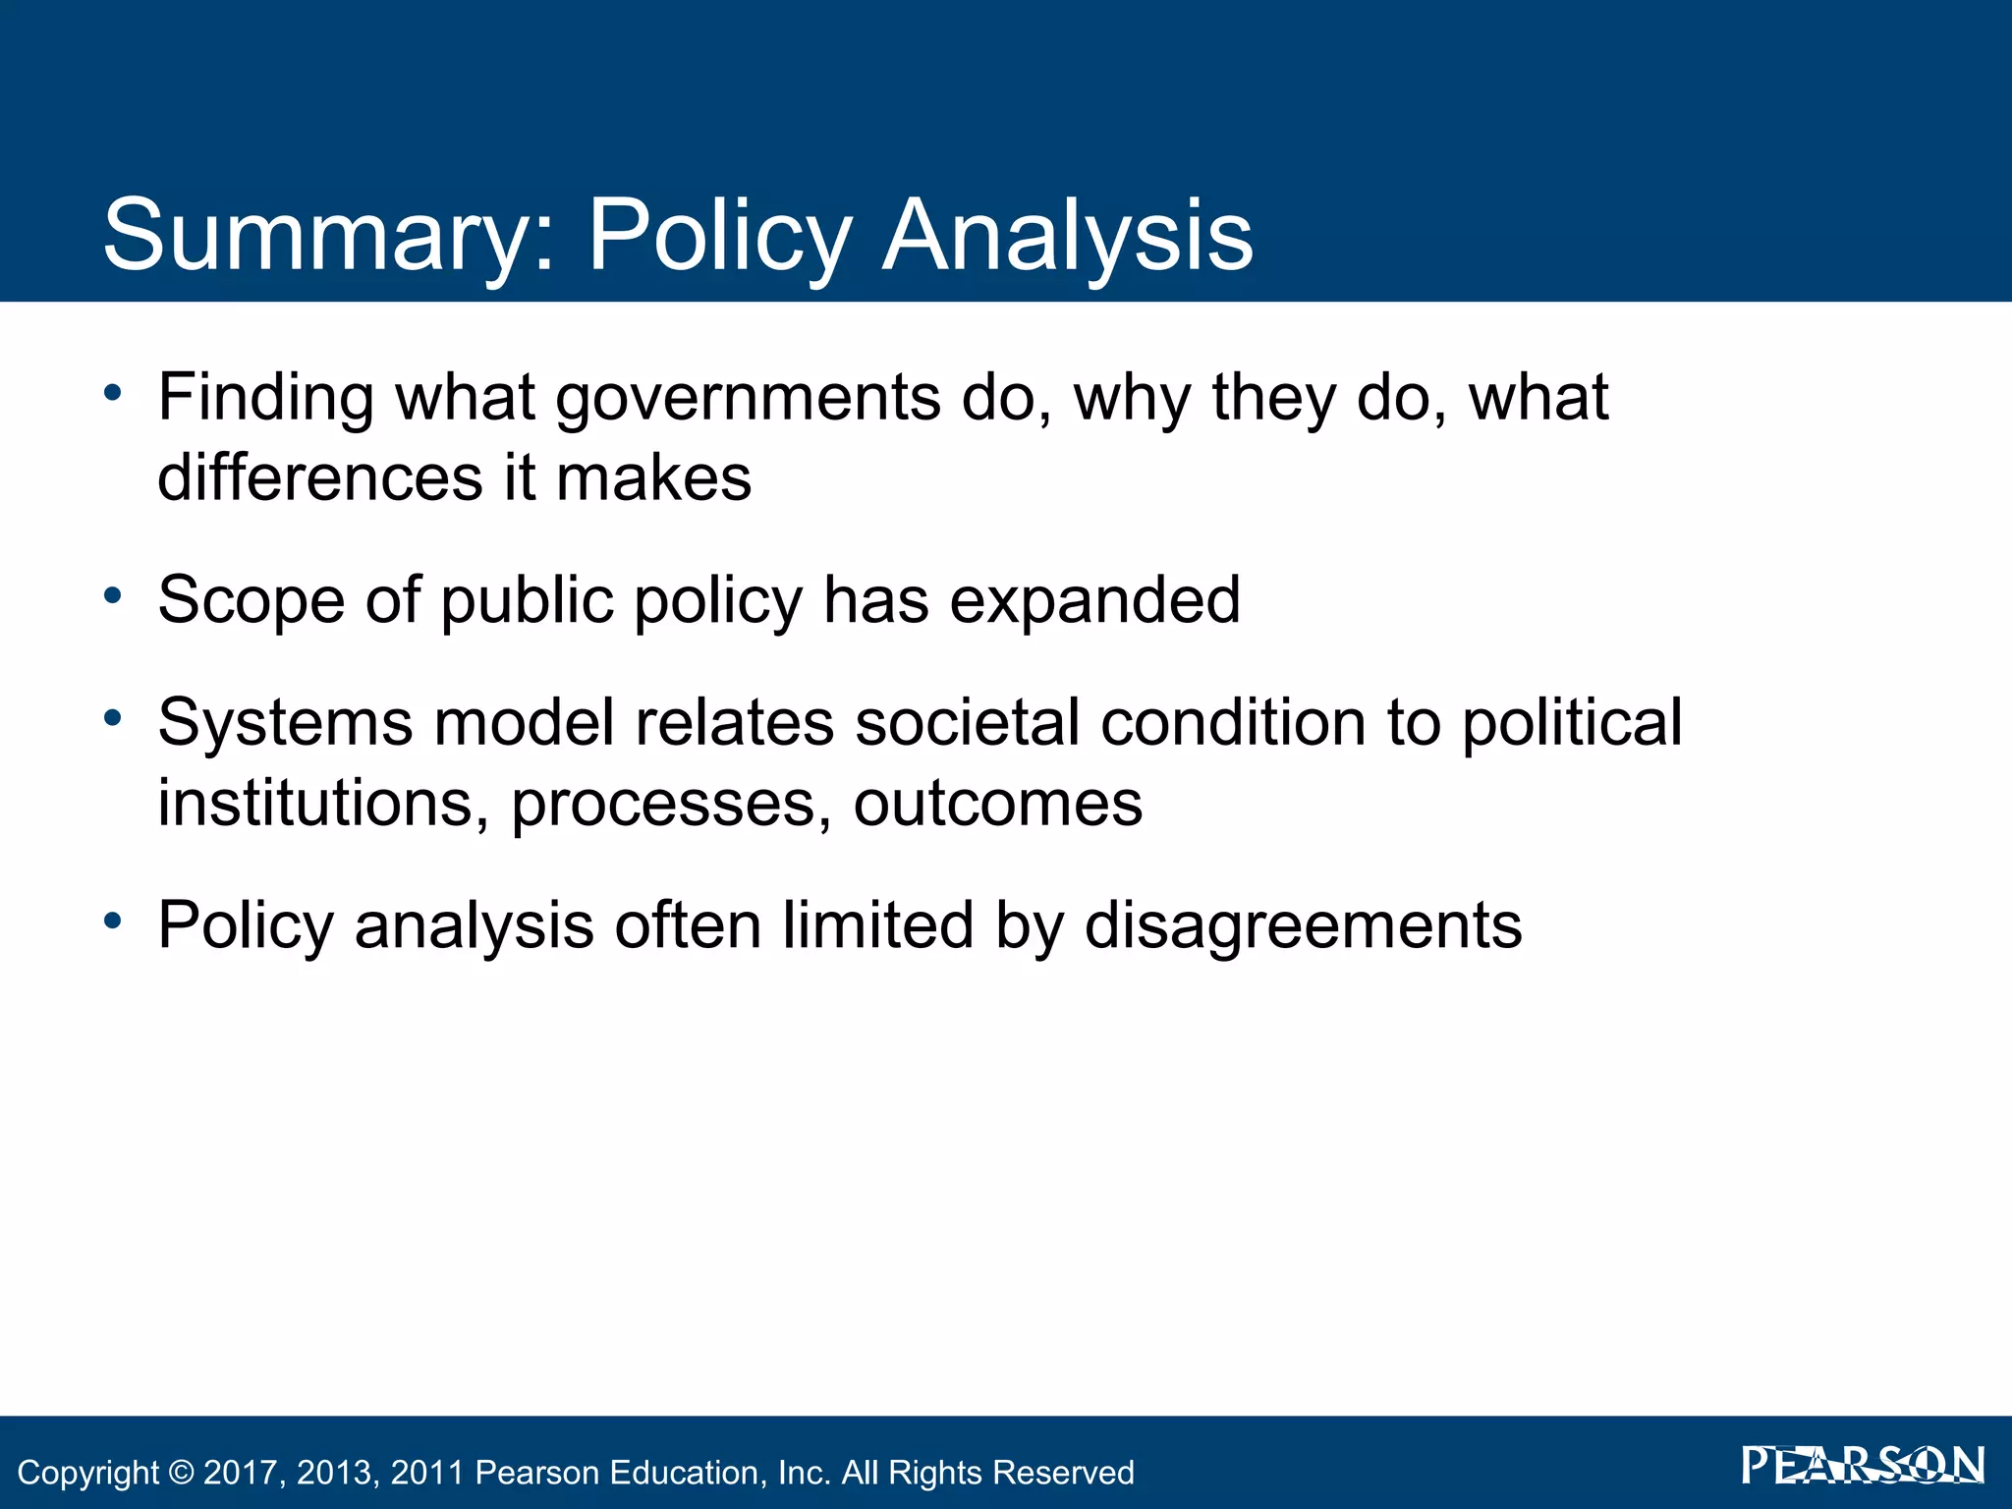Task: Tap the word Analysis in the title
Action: tap(1067, 236)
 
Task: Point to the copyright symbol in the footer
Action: tap(182, 1473)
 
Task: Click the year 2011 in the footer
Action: tap(427, 1473)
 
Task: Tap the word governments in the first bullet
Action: tap(748, 399)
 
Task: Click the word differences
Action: tap(320, 478)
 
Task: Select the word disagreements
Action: tap(1303, 927)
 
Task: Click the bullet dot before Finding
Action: tap(113, 393)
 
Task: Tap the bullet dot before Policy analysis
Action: tap(113, 921)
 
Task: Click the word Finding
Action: tap(265, 399)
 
